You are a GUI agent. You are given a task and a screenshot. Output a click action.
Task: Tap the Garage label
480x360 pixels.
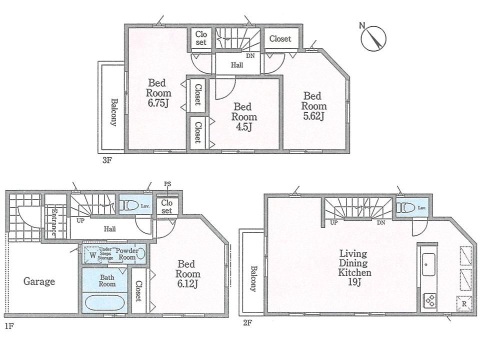[39, 281]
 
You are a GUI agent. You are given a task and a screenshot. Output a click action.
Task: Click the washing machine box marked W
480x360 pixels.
[92, 254]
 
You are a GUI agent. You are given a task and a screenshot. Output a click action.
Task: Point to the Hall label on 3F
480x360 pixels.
[237, 65]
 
